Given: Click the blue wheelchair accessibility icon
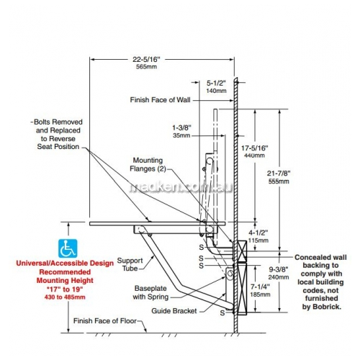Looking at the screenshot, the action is click(x=68, y=248).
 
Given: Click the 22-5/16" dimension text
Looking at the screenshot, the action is click(x=146, y=59).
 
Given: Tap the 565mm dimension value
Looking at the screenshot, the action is click(x=146, y=67).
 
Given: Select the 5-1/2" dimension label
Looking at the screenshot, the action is click(x=216, y=84).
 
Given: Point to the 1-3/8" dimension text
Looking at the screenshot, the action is click(x=181, y=127).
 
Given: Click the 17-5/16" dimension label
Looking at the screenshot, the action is click(x=255, y=148).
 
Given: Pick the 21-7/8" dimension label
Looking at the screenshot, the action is click(x=279, y=174).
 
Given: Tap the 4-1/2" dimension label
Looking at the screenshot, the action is click(x=258, y=233).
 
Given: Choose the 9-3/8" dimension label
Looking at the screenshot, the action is click(x=279, y=269).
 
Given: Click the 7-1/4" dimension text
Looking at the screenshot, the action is click(x=260, y=287).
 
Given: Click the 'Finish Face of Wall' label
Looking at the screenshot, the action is click(x=160, y=100).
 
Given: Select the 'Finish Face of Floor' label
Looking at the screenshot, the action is click(x=105, y=321).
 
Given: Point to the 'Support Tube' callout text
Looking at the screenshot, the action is click(x=130, y=264).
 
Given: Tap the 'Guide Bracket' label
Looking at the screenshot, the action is click(x=174, y=311).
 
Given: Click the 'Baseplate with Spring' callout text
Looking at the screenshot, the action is click(x=150, y=292).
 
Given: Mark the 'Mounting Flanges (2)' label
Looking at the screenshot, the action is click(x=148, y=165).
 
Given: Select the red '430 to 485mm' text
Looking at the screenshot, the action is click(x=65, y=297).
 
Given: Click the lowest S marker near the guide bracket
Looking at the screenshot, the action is click(x=222, y=312).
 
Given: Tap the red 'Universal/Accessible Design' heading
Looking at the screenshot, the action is click(x=65, y=264).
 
